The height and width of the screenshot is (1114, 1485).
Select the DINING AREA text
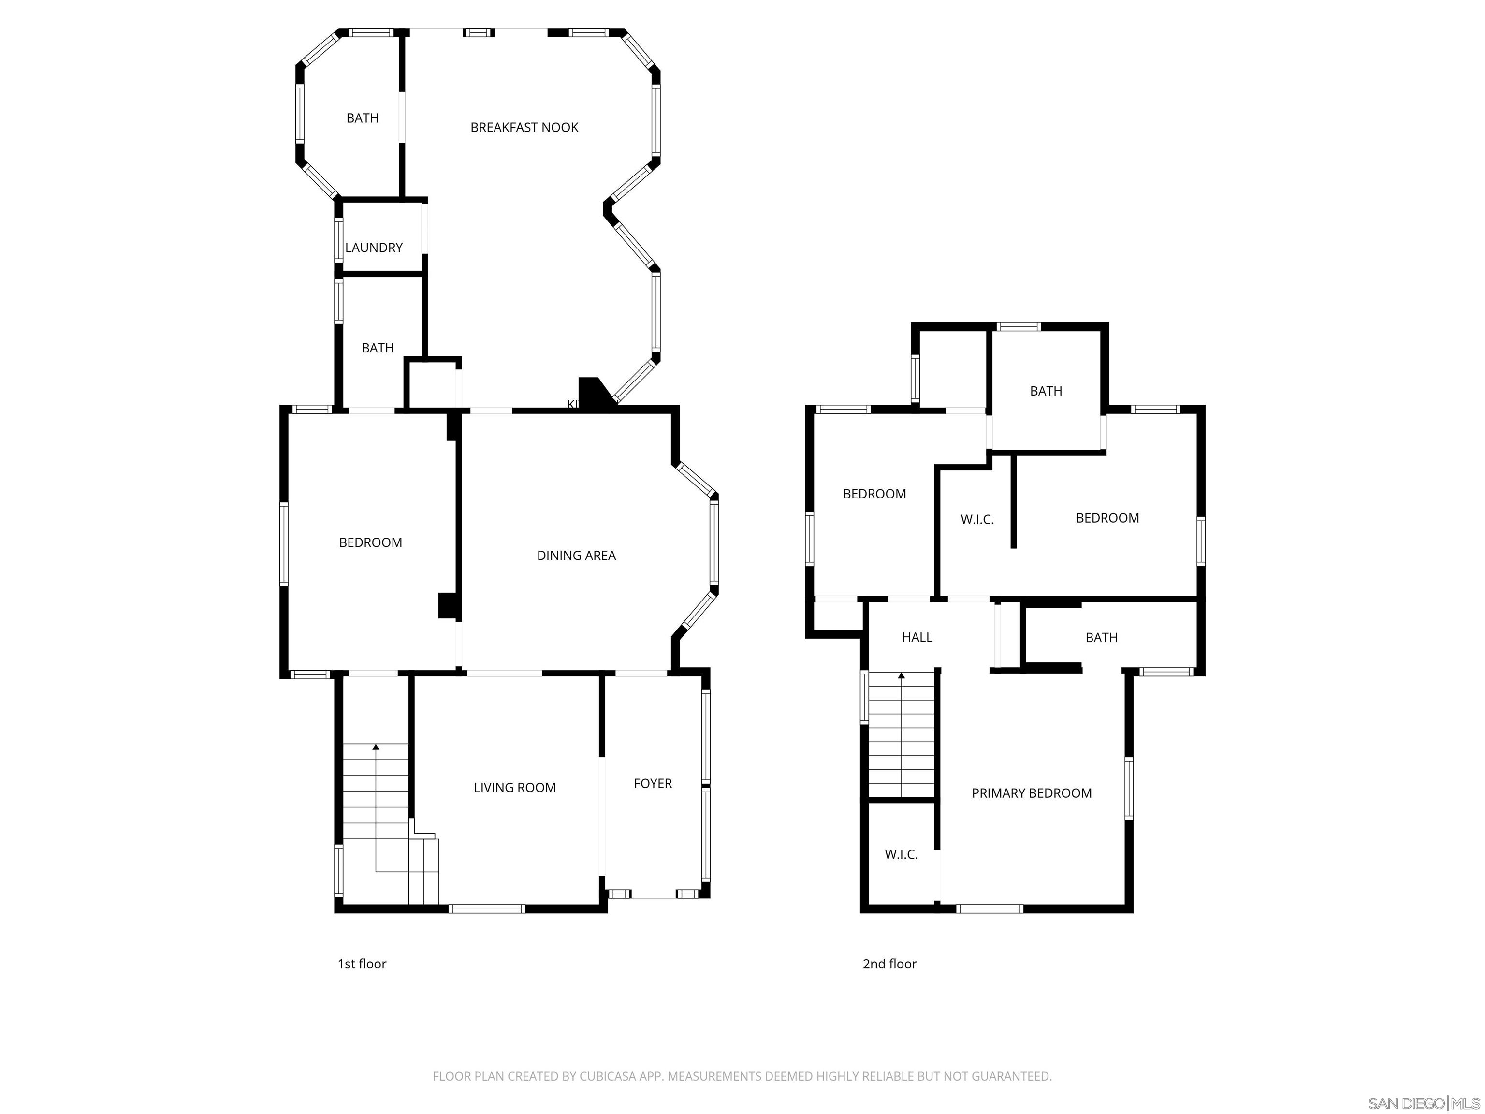576,556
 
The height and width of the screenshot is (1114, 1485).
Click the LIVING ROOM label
514,788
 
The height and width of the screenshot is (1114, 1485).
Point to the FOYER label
653,784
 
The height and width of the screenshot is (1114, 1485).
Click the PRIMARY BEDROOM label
1031,793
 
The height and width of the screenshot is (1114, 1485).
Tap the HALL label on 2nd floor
917,637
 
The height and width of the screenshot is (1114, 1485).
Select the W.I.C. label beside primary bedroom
901,855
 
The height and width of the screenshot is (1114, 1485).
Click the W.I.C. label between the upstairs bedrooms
977,520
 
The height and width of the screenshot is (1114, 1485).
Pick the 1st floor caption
362,964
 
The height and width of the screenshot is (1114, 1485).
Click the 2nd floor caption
889,964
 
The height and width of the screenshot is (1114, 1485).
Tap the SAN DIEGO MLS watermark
1423,1103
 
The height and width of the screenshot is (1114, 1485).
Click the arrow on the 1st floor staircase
376,746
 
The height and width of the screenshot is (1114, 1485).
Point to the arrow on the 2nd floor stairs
901,676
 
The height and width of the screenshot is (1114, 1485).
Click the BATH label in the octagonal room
362,118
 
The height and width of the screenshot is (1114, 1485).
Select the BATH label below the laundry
377,348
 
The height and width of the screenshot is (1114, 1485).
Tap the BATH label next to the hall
1101,638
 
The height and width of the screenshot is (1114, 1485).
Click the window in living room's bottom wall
487,909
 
